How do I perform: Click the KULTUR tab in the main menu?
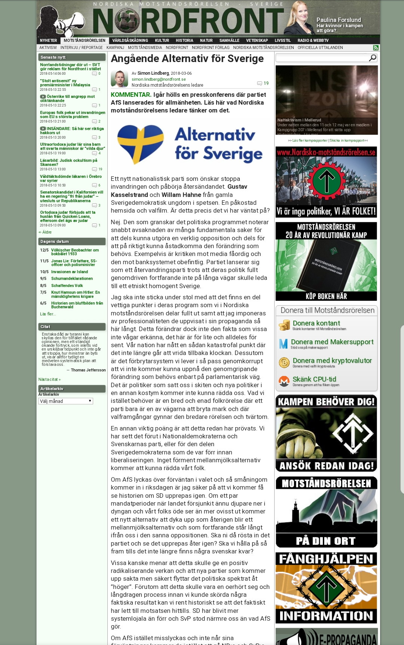[x=162, y=40]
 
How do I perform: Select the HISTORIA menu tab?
[x=184, y=40]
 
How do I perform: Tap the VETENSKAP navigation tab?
[x=257, y=40]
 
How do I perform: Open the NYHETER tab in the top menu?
[x=48, y=40]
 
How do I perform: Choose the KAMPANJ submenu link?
[x=115, y=47]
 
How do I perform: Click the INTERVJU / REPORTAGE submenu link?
[x=82, y=47]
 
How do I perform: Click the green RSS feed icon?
[x=376, y=48]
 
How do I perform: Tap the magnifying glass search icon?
[x=373, y=58]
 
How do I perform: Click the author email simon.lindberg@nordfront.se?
[x=159, y=79]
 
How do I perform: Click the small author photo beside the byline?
[x=119, y=78]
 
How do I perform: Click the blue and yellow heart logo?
[x=141, y=144]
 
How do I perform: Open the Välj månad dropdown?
[x=66, y=401]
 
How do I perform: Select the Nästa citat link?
[x=49, y=379]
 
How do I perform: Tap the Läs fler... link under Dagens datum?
[x=48, y=314]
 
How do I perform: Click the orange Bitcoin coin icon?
[x=284, y=362]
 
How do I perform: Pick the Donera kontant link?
[x=316, y=323]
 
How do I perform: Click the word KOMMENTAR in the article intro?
[x=131, y=95]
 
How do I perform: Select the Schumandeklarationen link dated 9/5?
[x=72, y=278]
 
